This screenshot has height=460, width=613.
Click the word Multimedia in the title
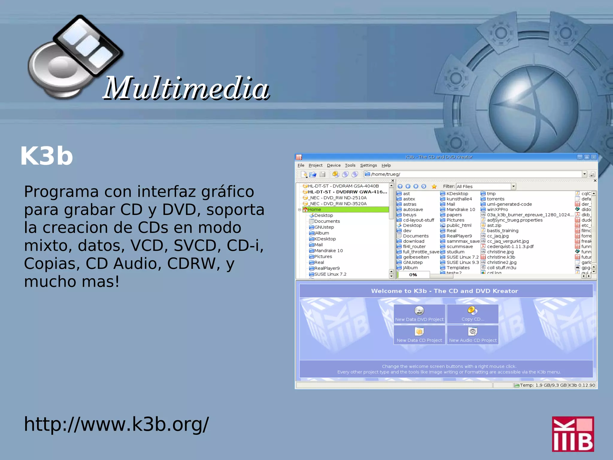click(186, 88)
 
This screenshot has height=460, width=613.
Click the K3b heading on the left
click(47, 156)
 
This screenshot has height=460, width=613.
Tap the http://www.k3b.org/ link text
click(116, 424)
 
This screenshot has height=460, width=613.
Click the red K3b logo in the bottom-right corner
click(573, 434)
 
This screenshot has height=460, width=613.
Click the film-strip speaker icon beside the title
click(75, 57)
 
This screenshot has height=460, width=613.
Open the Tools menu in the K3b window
click(350, 165)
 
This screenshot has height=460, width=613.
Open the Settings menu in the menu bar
click(368, 165)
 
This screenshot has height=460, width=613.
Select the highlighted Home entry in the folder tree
click(315, 209)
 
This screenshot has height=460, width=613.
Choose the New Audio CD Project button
click(473, 335)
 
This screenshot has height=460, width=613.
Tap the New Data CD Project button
click(419, 335)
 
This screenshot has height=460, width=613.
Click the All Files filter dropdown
click(485, 186)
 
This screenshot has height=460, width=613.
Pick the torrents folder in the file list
click(495, 199)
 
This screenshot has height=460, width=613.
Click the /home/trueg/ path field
click(473, 174)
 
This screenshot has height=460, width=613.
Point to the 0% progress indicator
click(413, 275)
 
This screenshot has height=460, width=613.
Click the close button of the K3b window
click(594, 157)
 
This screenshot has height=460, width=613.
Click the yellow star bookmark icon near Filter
click(434, 186)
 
